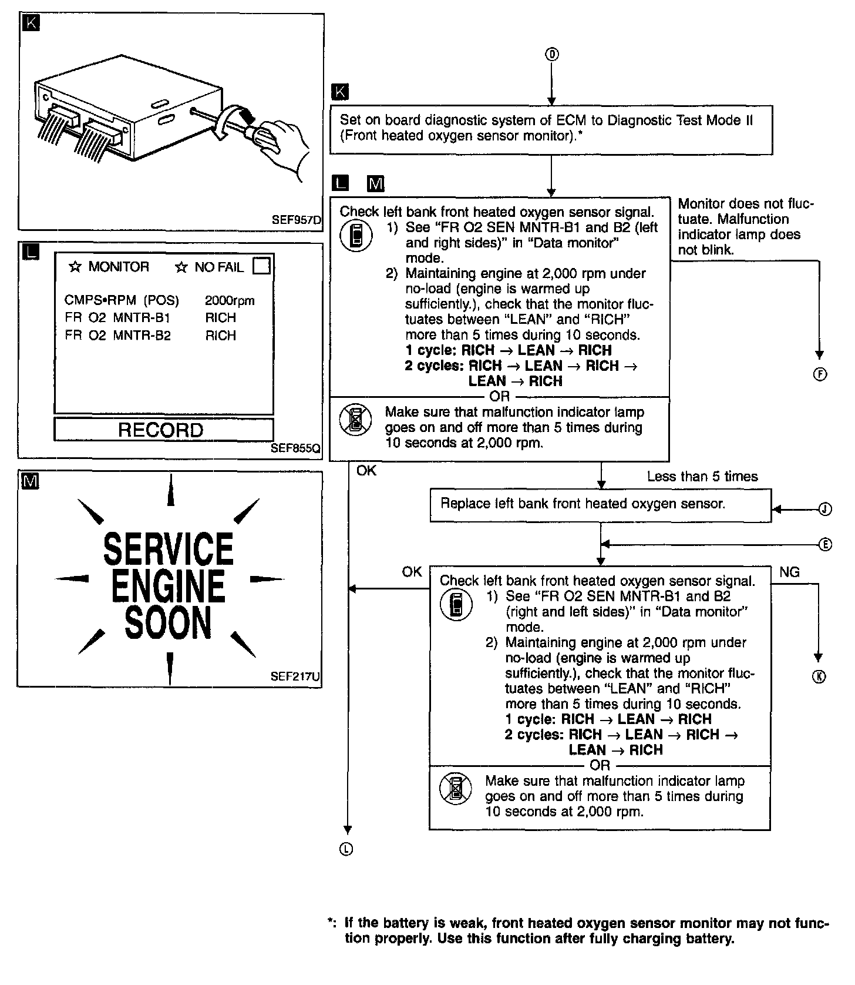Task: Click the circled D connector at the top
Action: [551, 55]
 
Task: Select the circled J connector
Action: [825, 509]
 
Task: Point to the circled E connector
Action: [825, 545]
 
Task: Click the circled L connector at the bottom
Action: [347, 849]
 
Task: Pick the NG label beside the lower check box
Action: [789, 572]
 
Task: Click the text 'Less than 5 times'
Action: [702, 477]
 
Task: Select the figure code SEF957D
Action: [297, 220]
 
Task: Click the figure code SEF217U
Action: [295, 676]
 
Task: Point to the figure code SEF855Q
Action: [295, 448]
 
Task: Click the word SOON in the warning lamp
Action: [169, 623]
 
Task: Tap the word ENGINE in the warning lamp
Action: [169, 585]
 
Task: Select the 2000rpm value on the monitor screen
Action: [230, 301]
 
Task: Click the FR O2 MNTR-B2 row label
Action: [117, 336]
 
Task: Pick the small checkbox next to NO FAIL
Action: [261, 267]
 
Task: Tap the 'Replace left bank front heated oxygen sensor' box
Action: [600, 504]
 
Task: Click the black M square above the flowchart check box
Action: [375, 184]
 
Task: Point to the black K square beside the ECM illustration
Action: [31, 24]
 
